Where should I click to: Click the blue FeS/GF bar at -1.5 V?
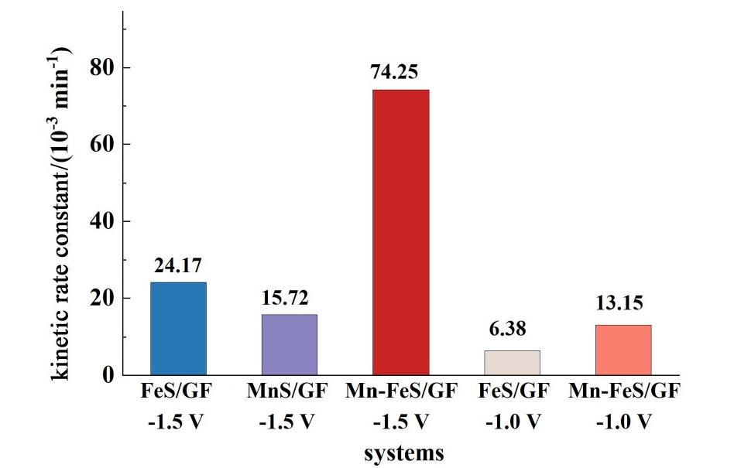click(x=178, y=328)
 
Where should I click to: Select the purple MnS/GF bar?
click(x=289, y=344)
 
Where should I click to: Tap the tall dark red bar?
click(x=400, y=232)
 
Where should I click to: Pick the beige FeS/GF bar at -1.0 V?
click(x=512, y=362)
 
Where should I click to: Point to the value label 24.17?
click(x=177, y=266)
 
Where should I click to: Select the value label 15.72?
click(x=288, y=298)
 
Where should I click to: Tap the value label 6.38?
click(x=508, y=330)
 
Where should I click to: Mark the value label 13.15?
click(x=619, y=302)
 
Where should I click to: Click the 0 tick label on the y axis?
click(x=106, y=375)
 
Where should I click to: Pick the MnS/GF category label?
click(x=289, y=392)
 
